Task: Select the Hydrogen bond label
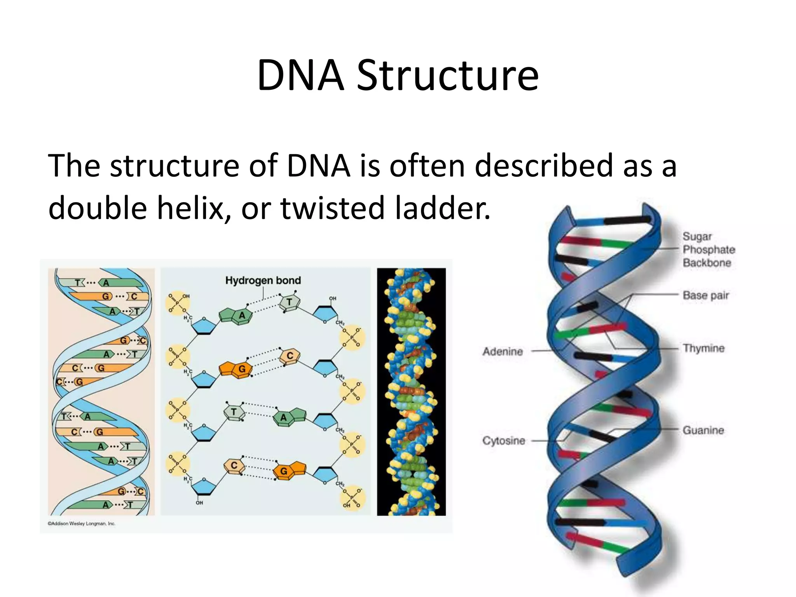click(263, 280)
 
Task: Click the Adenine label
click(503, 351)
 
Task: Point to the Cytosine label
click(504, 441)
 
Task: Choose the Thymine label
click(703, 348)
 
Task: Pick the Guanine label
click(703, 430)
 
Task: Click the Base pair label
click(705, 295)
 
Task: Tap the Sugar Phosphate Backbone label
click(709, 250)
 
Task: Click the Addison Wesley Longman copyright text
click(81, 524)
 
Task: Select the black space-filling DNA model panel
click(411, 392)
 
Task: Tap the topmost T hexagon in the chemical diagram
click(289, 302)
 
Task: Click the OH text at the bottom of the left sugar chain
click(199, 503)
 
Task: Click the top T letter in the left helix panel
click(77, 283)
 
